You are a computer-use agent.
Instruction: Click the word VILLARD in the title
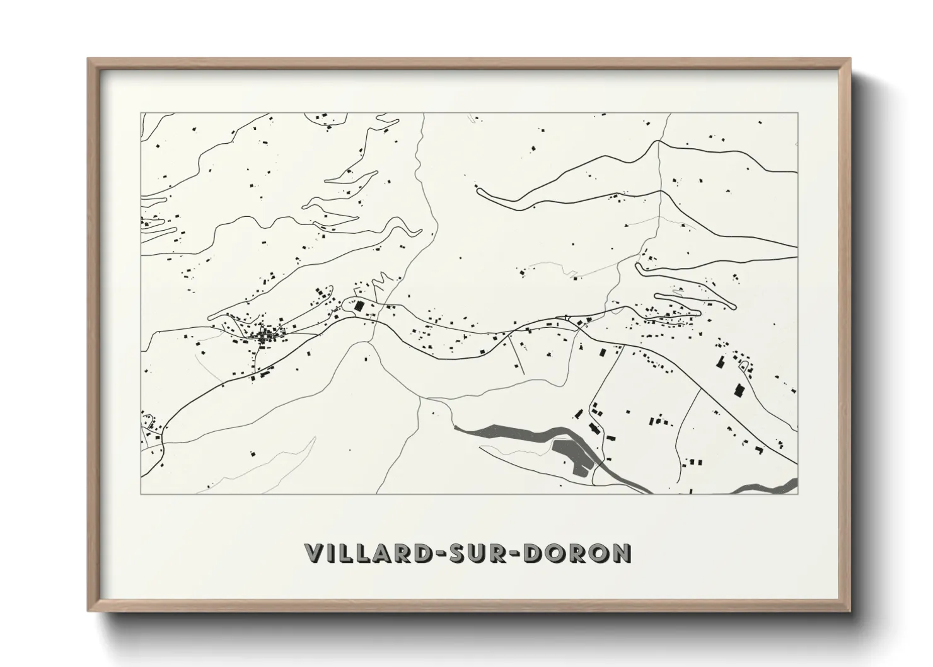pyautogui.click(x=365, y=553)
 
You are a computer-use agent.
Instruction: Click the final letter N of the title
pyautogui.click(x=620, y=553)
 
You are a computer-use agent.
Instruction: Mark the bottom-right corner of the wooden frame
pyautogui.click(x=849, y=611)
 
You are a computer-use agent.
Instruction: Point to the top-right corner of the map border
pyautogui.click(x=797, y=113)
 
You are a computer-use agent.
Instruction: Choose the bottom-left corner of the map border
pyautogui.click(x=141, y=494)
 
